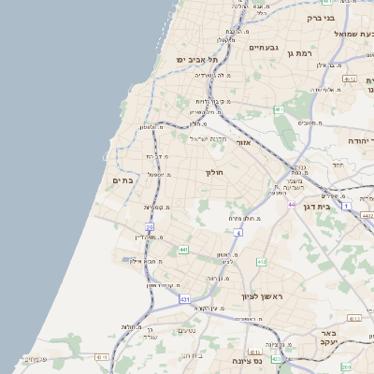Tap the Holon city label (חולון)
click(214, 172)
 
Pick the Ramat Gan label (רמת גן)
click(299, 53)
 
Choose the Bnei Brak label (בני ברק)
click(321, 17)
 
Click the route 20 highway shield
click(150, 227)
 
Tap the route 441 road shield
click(183, 250)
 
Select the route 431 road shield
click(184, 299)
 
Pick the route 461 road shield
click(279, 109)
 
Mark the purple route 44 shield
click(292, 204)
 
